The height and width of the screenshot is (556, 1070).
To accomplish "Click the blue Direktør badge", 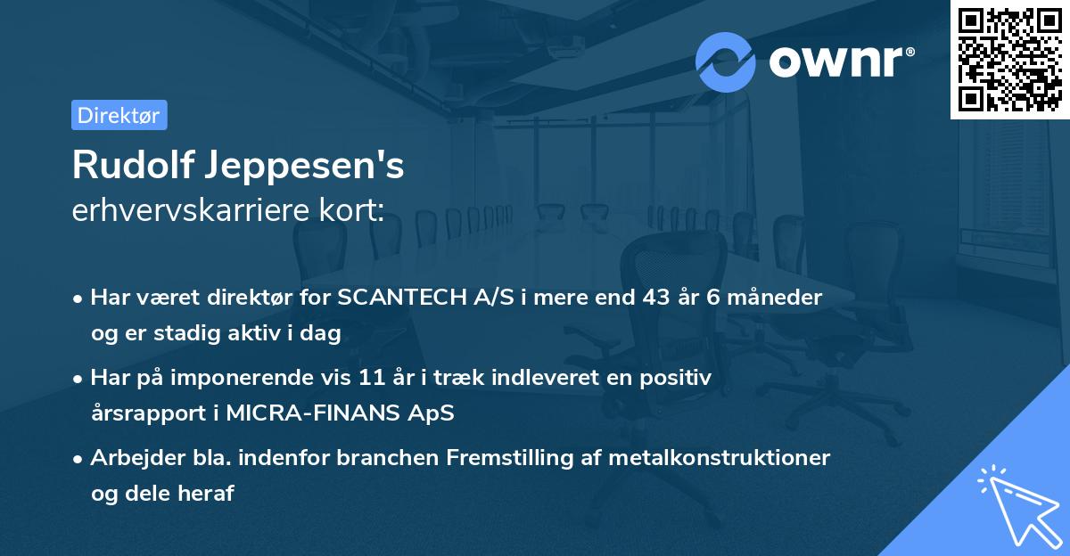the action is click(119, 115).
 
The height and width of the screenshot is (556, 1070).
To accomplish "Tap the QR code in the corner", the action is click(1010, 59).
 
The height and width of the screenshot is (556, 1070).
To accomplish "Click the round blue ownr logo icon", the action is click(726, 62).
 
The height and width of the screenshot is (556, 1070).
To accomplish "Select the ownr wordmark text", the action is click(842, 62).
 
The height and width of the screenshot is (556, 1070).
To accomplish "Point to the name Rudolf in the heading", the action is click(134, 165).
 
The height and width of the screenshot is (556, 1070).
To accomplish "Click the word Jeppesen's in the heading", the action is click(305, 167).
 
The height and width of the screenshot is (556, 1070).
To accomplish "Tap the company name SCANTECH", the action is click(402, 298).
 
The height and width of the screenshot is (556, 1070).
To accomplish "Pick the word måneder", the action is click(774, 298).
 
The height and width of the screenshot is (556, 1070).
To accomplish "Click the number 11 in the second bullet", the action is click(372, 378).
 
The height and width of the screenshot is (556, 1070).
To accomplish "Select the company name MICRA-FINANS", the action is click(313, 413).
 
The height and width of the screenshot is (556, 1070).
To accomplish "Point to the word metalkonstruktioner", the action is click(719, 457).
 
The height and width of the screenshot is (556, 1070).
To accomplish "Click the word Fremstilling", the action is click(509, 458).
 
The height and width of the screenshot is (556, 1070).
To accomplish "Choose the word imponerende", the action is click(243, 379).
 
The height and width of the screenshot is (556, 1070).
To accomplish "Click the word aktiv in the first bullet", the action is click(254, 332).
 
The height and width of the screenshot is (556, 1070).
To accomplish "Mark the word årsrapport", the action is click(148, 413).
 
